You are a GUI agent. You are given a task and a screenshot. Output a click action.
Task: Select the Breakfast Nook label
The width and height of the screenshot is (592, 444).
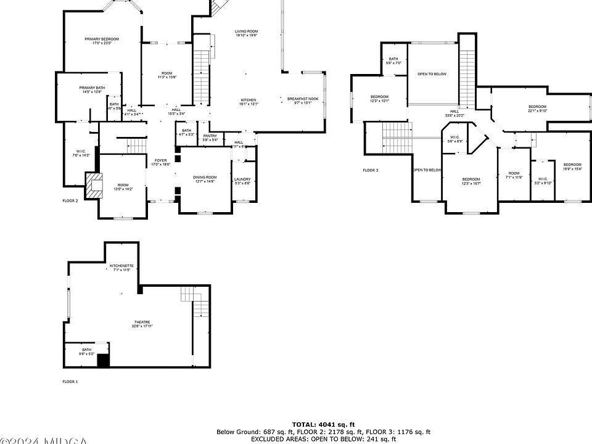[x=303, y=101]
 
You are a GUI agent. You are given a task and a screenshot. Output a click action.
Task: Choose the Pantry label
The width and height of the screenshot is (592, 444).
[x=210, y=138]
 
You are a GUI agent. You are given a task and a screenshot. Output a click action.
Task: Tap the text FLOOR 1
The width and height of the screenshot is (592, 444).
[x=70, y=382]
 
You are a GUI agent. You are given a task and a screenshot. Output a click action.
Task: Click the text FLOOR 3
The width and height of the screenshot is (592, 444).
[x=370, y=170]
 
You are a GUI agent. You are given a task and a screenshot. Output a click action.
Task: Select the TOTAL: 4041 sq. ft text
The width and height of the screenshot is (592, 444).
[x=323, y=424]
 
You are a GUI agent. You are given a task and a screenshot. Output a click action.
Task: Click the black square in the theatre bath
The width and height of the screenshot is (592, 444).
[x=103, y=360]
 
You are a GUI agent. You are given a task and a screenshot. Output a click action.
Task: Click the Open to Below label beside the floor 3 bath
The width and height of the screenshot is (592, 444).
[x=432, y=74]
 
